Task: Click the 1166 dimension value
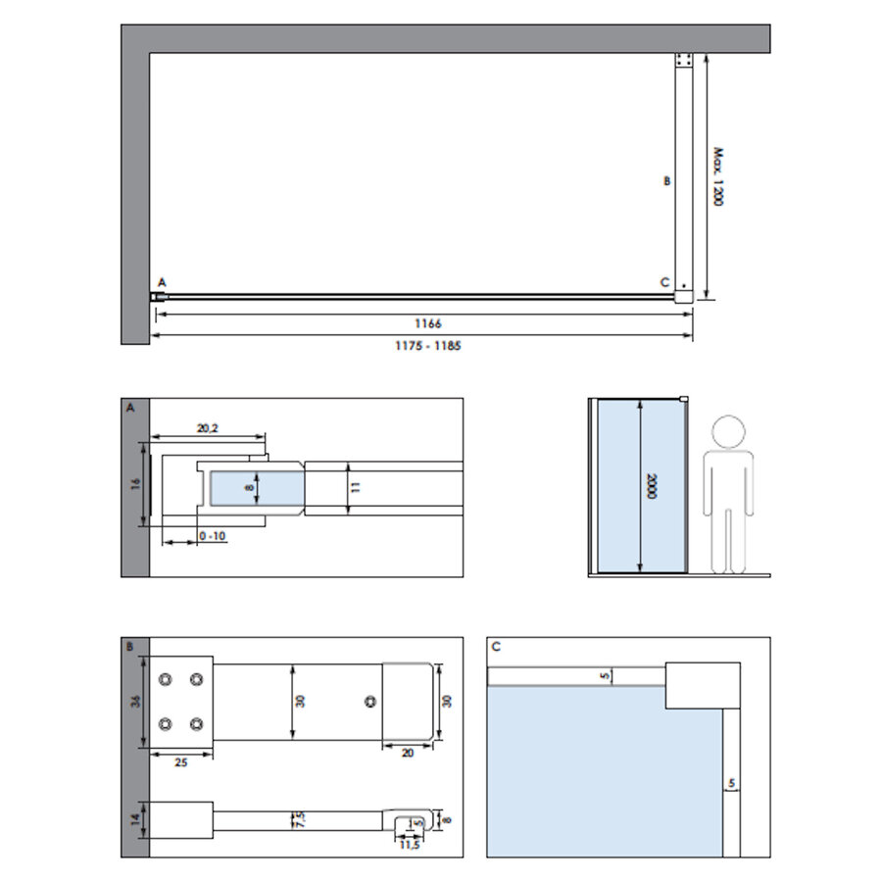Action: [427, 323]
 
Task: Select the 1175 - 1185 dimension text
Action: [427, 345]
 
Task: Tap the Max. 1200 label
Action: [717, 176]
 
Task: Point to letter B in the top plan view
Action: [666, 181]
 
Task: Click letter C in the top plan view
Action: [665, 282]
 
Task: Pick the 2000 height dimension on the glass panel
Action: [651, 486]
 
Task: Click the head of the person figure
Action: [728, 432]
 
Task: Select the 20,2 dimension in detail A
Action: [207, 426]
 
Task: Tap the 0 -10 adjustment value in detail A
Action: [212, 536]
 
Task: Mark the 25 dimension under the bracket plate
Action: [179, 761]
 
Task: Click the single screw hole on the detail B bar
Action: [368, 700]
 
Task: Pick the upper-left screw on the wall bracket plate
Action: [166, 679]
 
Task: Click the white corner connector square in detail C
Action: [702, 685]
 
